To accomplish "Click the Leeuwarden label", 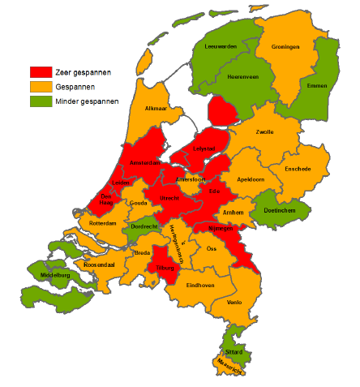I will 221,47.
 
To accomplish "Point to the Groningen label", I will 285,47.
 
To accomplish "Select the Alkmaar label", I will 156,108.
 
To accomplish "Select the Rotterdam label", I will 104,222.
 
